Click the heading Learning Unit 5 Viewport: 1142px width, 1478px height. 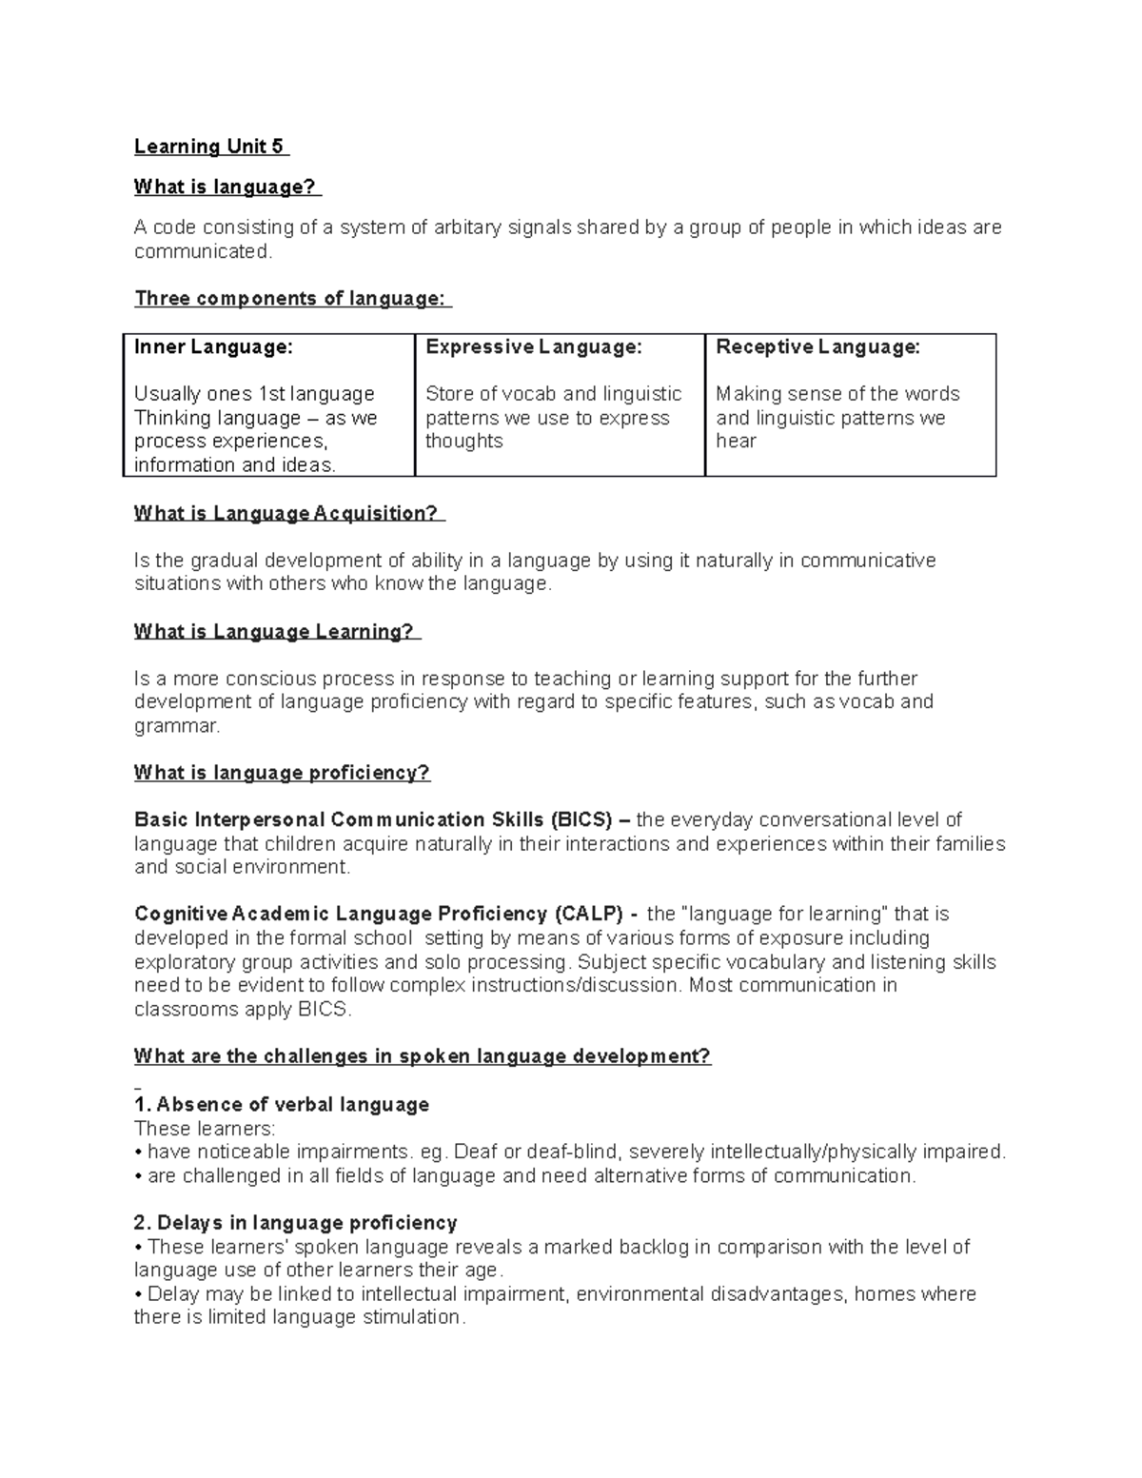[209, 147]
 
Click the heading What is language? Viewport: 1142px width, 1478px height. [226, 187]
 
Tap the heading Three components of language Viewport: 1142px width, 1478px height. [290, 299]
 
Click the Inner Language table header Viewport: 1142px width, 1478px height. [213, 347]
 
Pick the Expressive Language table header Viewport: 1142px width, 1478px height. [534, 347]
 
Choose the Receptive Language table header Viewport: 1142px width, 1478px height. [817, 347]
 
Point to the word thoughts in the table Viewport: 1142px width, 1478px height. [463, 441]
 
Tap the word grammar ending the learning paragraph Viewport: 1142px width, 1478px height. [175, 726]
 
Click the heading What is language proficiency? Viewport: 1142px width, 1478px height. [282, 773]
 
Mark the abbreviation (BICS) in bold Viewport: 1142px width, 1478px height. [581, 820]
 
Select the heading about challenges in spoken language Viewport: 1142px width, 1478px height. [423, 1056]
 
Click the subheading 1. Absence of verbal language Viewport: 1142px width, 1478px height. [282, 1105]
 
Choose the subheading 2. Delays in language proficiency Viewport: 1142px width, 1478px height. [296, 1223]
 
